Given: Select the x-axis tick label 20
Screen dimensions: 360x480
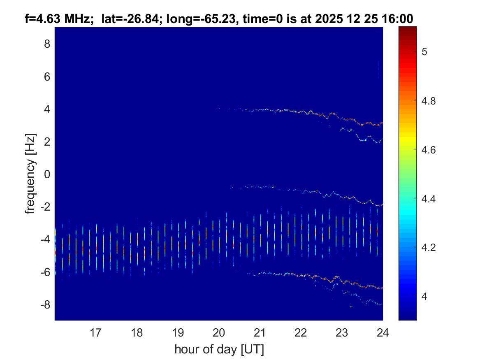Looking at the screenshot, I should (219, 332).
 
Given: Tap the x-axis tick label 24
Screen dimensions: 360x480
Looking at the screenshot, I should (383, 332).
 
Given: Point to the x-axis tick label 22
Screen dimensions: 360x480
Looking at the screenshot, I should (301, 332).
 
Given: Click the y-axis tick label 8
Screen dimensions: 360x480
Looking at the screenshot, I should (47, 44).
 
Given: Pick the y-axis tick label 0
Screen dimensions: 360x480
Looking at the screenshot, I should (47, 174).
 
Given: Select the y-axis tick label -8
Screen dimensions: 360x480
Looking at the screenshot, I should (45, 305).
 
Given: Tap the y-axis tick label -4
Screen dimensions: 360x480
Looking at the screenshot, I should (45, 239).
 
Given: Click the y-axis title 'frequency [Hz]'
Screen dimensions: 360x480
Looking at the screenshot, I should (30, 174).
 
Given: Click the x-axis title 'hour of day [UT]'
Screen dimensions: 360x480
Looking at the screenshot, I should (219, 349).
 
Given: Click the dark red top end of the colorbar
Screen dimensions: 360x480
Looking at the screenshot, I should (408, 29).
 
